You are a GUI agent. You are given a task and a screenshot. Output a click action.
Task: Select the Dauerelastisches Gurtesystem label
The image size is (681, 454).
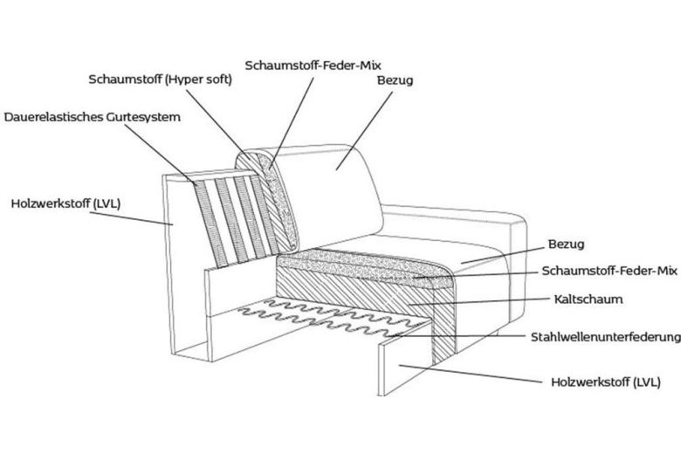point(93,116)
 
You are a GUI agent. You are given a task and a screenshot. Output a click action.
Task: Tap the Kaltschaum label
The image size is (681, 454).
point(588,299)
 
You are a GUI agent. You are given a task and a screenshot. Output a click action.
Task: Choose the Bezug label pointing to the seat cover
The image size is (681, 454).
point(566,244)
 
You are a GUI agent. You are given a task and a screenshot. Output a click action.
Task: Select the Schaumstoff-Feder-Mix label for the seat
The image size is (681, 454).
point(609,272)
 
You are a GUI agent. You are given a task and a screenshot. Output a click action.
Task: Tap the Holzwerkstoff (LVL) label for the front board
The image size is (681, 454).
point(605,382)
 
